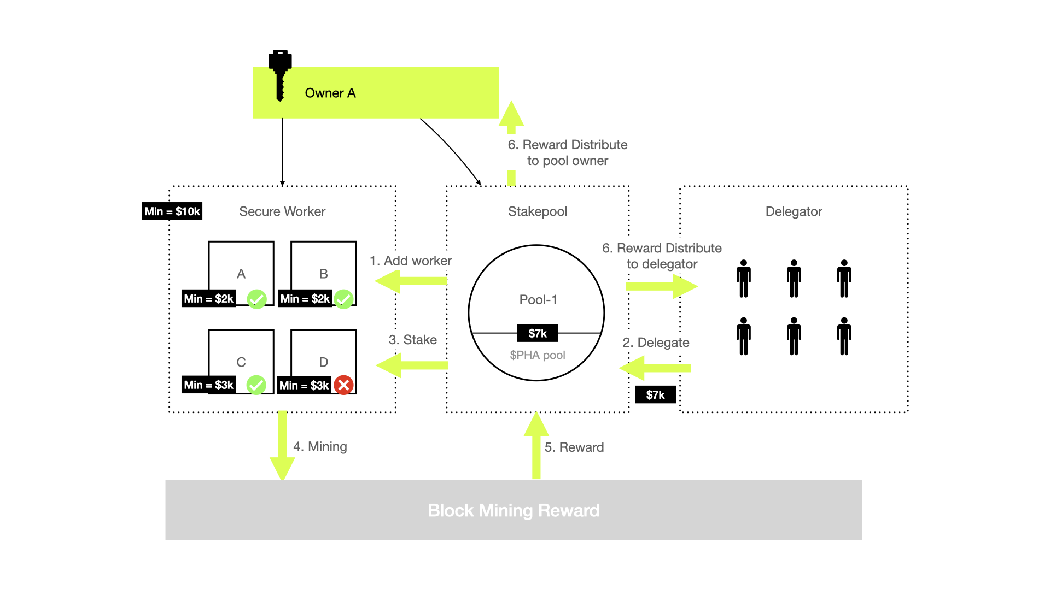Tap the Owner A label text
click(330, 93)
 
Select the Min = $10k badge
click(172, 211)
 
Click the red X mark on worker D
click(343, 385)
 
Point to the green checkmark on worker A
click(256, 299)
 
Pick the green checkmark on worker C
click(256, 385)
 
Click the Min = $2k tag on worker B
click(305, 299)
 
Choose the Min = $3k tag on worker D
click(304, 386)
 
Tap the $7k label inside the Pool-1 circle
click(538, 333)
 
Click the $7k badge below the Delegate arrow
click(655, 395)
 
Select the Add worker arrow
click(411, 281)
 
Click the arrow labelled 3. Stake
click(412, 365)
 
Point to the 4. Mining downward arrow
click(282, 445)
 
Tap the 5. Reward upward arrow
click(536, 445)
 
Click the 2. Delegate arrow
click(655, 368)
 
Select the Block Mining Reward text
click(514, 510)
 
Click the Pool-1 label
click(538, 299)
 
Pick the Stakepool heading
click(538, 211)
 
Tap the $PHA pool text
click(538, 355)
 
